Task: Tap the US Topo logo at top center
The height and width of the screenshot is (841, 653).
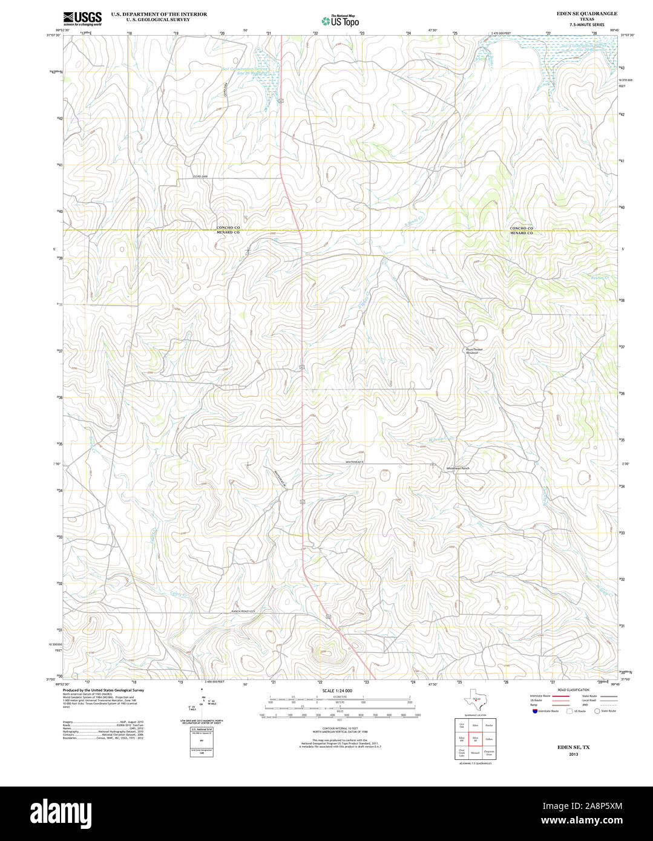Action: pyautogui.click(x=340, y=21)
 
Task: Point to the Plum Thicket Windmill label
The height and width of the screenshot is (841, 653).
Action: pyautogui.click(x=475, y=351)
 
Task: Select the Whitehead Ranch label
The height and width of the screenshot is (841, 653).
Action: pyautogui.click(x=458, y=469)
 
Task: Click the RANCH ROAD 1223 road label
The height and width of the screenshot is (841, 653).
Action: pyautogui.click(x=243, y=612)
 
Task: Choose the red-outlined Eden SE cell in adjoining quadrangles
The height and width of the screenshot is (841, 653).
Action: pyautogui.click(x=476, y=739)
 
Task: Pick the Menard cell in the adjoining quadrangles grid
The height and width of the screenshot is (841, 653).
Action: pyautogui.click(x=476, y=753)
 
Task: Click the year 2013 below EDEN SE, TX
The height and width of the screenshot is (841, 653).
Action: pyautogui.click(x=573, y=754)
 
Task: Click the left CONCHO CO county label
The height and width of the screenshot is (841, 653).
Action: pyautogui.click(x=229, y=227)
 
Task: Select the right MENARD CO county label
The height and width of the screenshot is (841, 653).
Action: pyautogui.click(x=521, y=233)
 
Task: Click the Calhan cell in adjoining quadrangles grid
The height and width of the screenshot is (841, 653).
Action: pyautogui.click(x=489, y=739)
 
